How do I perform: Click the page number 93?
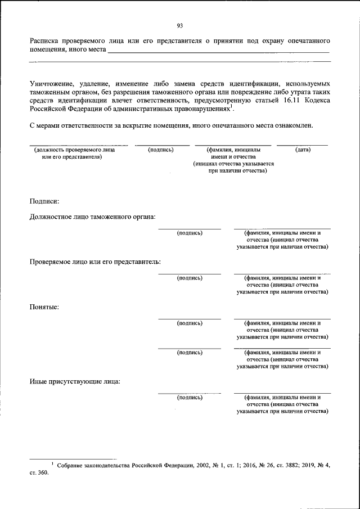180,26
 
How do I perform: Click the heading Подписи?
44,201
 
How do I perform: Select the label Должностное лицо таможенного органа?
93,217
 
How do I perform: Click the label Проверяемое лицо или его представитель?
95,262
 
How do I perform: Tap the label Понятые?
44,307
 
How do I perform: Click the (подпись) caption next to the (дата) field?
161,150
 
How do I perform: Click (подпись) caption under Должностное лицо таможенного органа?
190,232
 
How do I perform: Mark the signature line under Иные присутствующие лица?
190,393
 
